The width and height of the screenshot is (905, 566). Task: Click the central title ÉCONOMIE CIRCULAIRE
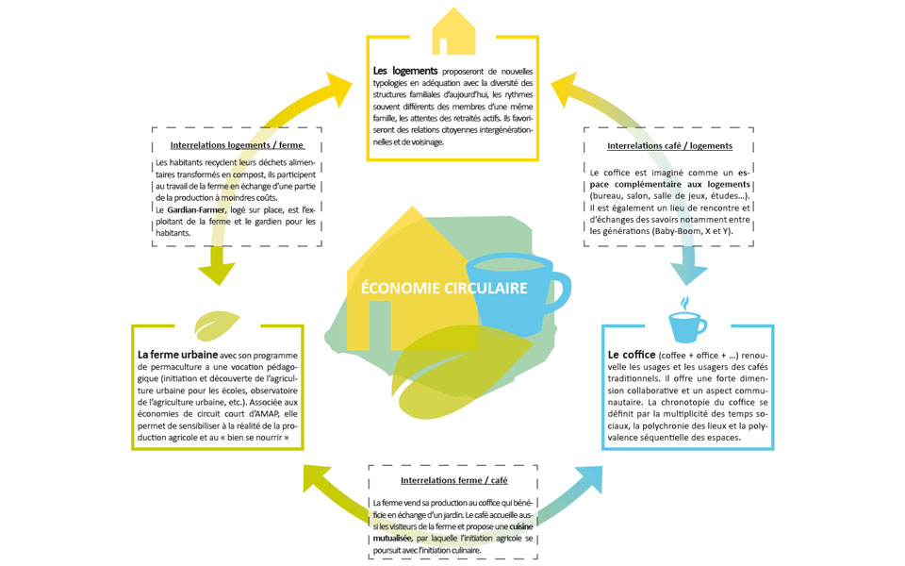point(444,289)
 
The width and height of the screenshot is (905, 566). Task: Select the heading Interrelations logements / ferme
point(237,145)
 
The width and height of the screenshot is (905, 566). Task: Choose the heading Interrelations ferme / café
point(454,480)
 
